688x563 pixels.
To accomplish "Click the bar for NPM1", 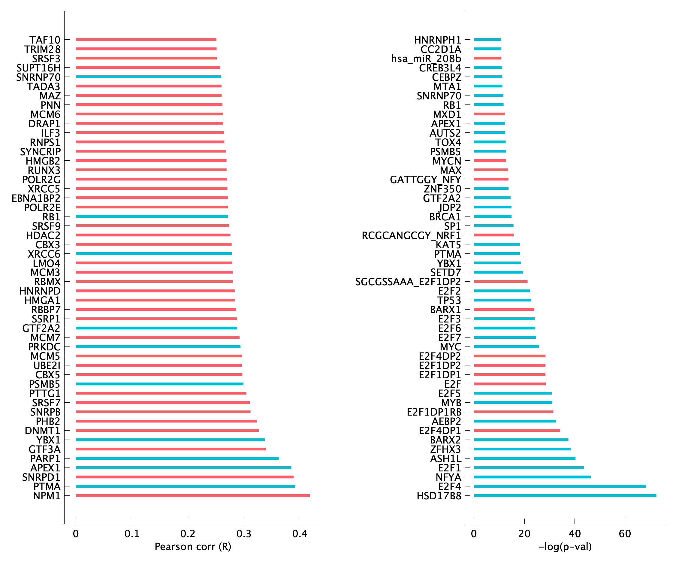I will [193, 495].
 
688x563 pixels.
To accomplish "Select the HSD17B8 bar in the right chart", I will [565, 495].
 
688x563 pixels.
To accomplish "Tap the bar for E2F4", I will [560, 486].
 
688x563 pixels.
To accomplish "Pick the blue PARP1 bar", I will [177, 458].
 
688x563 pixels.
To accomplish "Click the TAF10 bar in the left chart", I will [146, 40].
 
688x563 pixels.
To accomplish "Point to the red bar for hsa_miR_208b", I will [487, 58].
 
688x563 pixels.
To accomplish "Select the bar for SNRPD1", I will [185, 477].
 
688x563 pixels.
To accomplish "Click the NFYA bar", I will [532, 477].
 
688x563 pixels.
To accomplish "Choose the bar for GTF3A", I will [170, 449].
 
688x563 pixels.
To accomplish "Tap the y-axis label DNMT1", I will [42, 431].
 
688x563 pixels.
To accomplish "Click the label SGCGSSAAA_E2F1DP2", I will [408, 282].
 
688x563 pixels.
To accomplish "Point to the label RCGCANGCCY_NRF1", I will [411, 235].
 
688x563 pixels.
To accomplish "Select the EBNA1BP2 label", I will [36, 198].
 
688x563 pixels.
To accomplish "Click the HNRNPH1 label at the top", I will [437, 40].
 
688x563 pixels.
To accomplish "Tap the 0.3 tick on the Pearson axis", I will [244, 534].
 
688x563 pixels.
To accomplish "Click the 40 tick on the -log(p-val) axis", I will [575, 534].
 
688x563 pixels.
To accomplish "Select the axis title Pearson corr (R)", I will [193, 547].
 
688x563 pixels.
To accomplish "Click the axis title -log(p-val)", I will [565, 547].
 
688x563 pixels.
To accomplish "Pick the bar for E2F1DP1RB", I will [513, 412].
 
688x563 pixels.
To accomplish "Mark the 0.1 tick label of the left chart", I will [132, 534].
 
